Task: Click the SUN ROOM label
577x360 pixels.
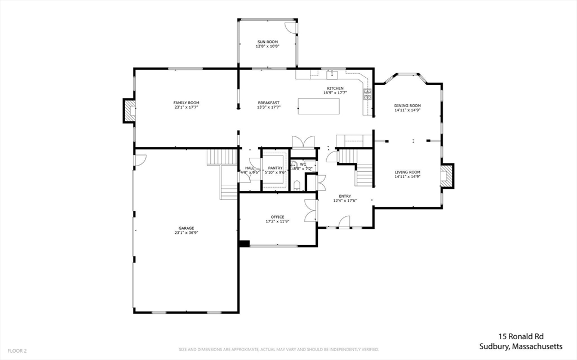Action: coord(267,42)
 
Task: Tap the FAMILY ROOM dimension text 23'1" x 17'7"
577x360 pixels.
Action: coord(186,107)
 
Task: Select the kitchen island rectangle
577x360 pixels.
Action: coord(319,106)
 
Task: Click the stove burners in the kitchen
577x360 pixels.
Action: coord(367,94)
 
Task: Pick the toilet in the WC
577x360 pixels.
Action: coord(296,185)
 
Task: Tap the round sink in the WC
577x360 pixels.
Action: coord(294,165)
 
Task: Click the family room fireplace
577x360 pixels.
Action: coord(130,110)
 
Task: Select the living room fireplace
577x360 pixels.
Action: coord(447,175)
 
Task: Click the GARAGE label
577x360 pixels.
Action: coord(186,228)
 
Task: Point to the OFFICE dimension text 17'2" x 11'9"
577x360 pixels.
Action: coord(277,221)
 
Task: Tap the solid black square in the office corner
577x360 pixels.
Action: coord(244,243)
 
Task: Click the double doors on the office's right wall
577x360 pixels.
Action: coord(310,211)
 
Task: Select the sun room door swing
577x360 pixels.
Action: coord(290,28)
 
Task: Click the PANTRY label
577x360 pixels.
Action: coord(276,168)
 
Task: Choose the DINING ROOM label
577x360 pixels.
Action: coord(407,105)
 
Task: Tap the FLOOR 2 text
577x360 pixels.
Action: coord(16,350)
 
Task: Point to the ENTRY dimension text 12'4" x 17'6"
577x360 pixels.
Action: coord(345,201)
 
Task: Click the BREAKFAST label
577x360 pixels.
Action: coord(268,103)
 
